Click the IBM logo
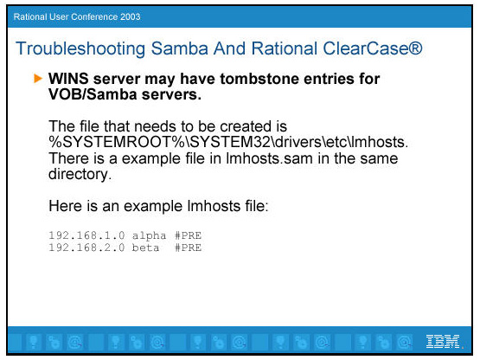tap(443, 341)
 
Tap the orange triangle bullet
tap(38, 78)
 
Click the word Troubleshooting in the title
tap(80, 48)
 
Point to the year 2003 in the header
tap(130, 16)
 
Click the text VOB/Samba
tap(93, 94)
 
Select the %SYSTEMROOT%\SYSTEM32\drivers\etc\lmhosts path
tap(228, 142)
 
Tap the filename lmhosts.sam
tap(269, 158)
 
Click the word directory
tap(80, 174)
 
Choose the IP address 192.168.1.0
tap(86, 235)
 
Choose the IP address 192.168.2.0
tap(86, 247)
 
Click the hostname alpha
tap(149, 236)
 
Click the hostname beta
tap(145, 247)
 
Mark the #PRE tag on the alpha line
tap(188, 235)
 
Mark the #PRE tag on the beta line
tap(188, 247)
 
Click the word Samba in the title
tap(179, 48)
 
